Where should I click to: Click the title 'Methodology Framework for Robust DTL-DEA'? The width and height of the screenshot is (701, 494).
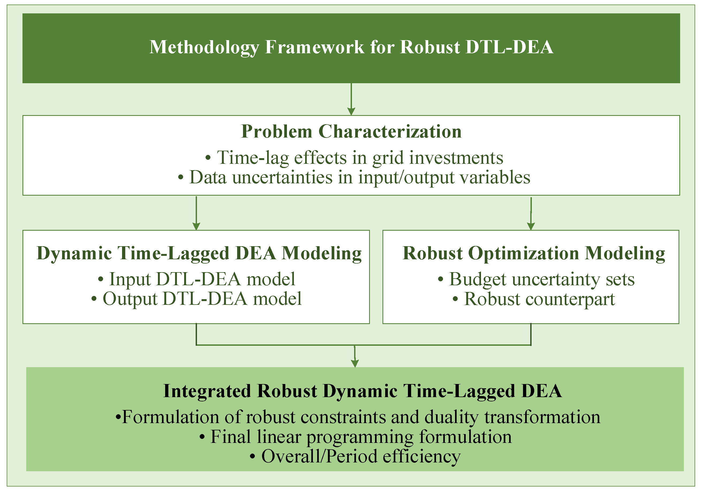(351, 48)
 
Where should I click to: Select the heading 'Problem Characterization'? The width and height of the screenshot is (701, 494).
(351, 132)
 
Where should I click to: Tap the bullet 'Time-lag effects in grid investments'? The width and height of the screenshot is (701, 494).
(354, 158)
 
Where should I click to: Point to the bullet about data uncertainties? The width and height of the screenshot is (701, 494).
(354, 177)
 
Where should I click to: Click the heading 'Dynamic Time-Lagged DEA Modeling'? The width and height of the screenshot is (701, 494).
(199, 253)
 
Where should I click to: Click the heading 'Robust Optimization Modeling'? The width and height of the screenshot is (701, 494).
(534, 253)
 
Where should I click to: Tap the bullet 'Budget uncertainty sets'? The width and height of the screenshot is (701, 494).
(536, 279)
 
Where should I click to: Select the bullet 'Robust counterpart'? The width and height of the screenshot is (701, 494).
(534, 299)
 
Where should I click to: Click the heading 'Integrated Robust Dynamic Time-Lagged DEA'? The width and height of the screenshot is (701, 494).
(363, 392)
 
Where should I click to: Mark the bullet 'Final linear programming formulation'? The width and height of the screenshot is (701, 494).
(355, 437)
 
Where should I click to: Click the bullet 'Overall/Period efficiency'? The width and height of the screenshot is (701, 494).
(355, 457)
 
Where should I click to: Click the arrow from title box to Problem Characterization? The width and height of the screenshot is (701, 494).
(351, 99)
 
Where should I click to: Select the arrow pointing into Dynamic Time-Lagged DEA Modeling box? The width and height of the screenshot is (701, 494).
(196, 213)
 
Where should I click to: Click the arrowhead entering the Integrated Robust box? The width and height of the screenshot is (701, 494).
(355, 363)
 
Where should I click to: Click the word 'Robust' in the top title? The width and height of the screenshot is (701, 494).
(430, 48)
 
